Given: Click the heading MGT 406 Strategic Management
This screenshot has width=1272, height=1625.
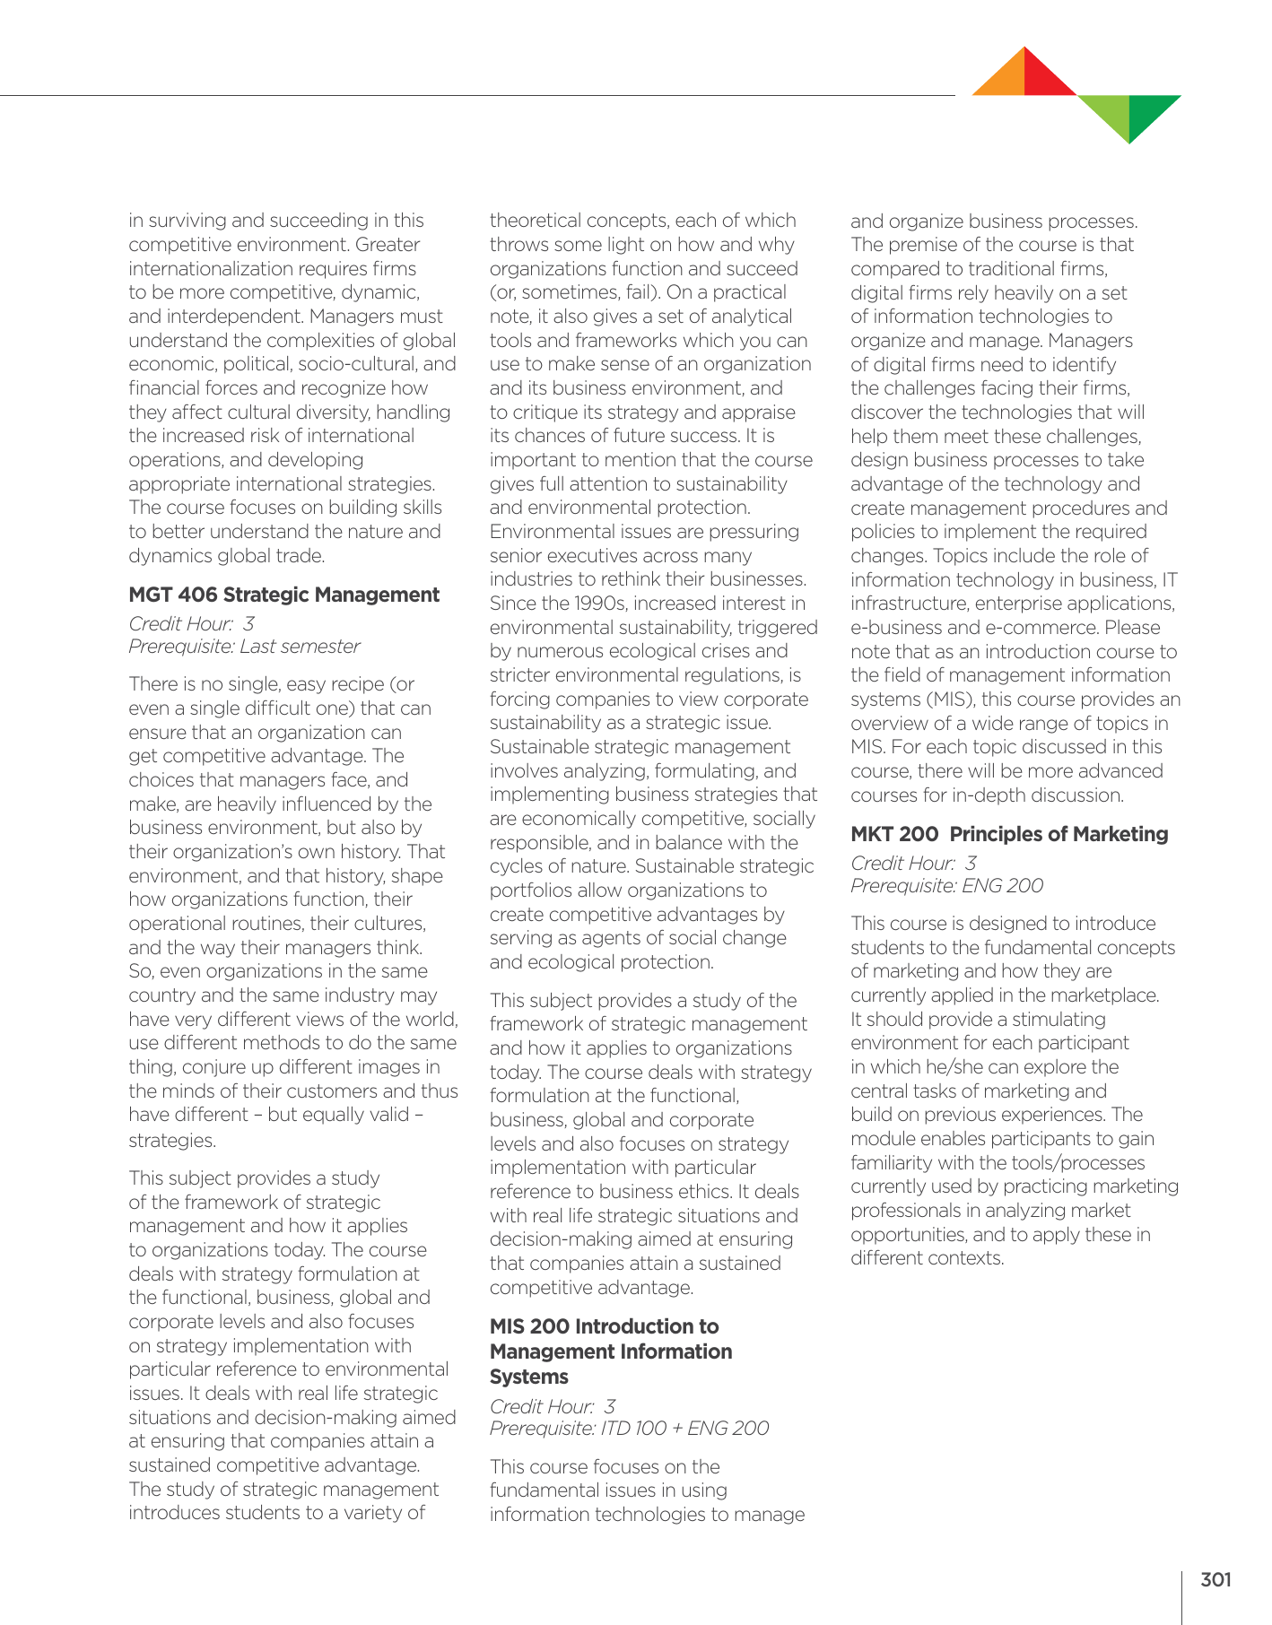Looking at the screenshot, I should (x=284, y=595).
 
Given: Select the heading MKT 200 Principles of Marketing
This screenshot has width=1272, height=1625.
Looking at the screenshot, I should (x=1009, y=835).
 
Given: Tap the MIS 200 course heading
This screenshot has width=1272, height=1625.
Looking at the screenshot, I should (x=610, y=1351).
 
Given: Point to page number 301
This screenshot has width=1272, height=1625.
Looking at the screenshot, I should (x=1215, y=1580).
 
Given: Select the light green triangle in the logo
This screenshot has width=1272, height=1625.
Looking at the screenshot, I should (x=1109, y=113).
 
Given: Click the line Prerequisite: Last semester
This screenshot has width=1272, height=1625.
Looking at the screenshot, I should (x=244, y=647).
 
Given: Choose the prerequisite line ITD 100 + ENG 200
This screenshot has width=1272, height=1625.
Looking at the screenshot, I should (x=629, y=1429).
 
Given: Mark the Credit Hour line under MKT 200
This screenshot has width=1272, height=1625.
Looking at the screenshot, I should (x=913, y=864).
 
